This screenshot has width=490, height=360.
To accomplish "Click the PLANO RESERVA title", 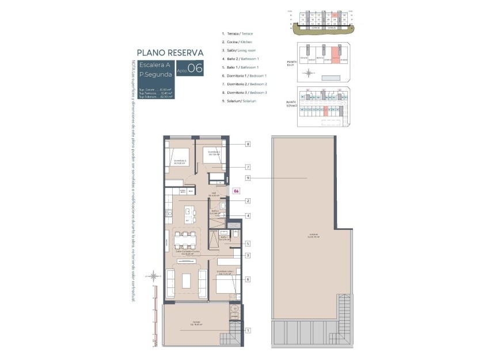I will coord(170,52).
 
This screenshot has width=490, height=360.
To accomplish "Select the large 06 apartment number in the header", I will coord(195,68).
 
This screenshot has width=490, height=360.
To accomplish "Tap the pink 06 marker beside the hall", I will coord(236,191).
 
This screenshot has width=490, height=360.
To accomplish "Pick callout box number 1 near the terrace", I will coord(248,330).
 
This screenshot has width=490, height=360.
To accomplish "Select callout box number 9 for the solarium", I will coord(248,178).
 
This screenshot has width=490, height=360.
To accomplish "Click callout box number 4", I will coord(248,216).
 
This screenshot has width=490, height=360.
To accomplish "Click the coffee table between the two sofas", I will coord(187,281).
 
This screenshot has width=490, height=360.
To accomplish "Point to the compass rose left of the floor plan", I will coord(153,277).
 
